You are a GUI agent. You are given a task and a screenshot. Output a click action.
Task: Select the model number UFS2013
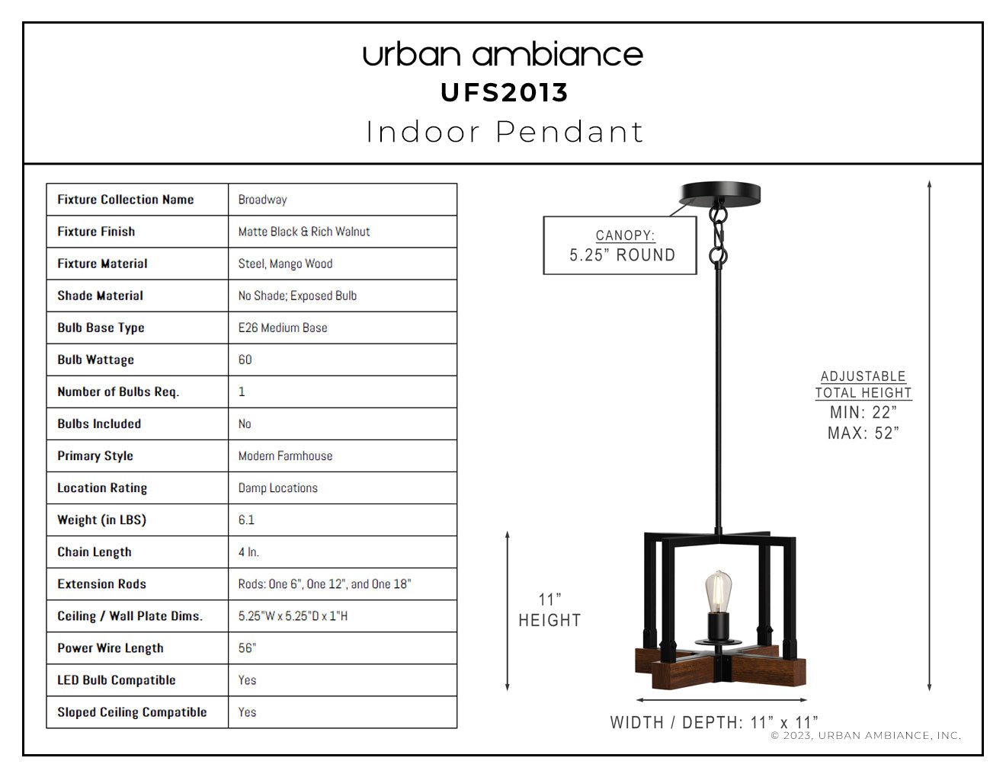tap(505, 93)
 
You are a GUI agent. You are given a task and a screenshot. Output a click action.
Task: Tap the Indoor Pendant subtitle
tap(505, 132)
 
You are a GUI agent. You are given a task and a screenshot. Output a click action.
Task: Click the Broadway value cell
tap(262, 200)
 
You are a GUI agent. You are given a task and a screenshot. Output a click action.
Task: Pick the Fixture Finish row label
tap(96, 232)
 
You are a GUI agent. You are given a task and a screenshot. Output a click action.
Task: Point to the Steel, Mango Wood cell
tap(285, 264)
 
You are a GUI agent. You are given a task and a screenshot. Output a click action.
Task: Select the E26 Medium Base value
tap(283, 328)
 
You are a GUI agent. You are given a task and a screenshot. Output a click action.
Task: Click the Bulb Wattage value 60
tap(245, 360)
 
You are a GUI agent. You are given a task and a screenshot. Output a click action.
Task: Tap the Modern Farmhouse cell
tap(285, 456)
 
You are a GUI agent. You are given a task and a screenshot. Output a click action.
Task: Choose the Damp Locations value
tap(277, 488)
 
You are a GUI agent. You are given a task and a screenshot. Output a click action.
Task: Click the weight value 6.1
tap(246, 520)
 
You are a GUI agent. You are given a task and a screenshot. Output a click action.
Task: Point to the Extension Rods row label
tap(102, 584)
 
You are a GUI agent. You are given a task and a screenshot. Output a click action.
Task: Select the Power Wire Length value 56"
tap(247, 648)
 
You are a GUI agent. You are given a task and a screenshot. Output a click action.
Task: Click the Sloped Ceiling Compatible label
tap(132, 712)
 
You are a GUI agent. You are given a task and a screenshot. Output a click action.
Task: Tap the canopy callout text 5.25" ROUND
tap(622, 255)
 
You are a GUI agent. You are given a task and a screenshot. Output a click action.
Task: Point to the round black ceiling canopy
tap(720, 193)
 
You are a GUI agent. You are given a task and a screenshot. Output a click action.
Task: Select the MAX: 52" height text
tap(863, 433)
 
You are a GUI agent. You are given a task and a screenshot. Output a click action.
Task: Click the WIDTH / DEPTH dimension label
tap(714, 722)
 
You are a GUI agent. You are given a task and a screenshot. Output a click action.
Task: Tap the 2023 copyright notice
tap(866, 735)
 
